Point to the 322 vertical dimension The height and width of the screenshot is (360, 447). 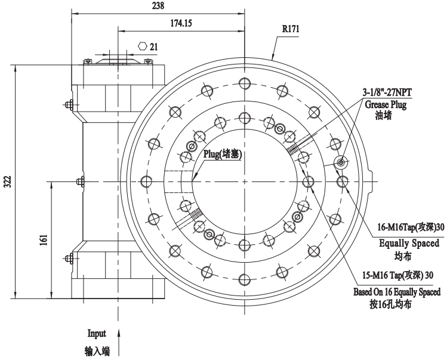(x=7, y=181)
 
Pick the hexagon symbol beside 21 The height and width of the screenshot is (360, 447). (x=141, y=45)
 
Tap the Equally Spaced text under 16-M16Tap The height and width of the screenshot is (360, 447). (x=409, y=243)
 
